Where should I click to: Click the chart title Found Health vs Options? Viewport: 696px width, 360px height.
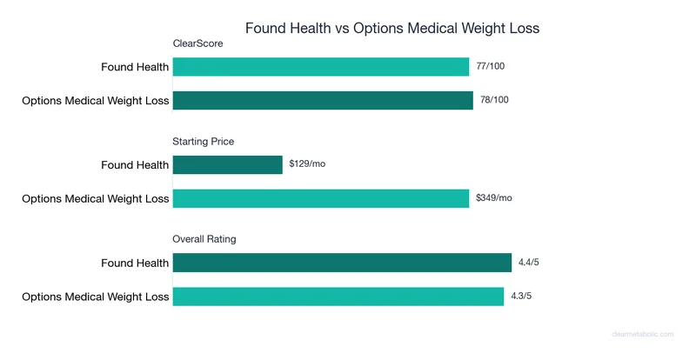pos(391,28)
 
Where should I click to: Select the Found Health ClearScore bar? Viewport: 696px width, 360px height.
pos(321,67)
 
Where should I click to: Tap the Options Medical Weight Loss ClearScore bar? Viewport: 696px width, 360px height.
pos(323,101)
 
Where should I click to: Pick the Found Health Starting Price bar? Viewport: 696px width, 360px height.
pos(228,164)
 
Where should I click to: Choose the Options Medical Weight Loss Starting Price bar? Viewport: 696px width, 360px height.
pos(321,198)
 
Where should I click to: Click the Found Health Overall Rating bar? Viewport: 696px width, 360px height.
pos(342,263)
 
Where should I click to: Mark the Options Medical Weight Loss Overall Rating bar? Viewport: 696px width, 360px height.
pos(338,297)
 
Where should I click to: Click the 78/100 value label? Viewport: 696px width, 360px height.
pos(494,101)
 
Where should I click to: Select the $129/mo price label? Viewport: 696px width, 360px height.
pos(307,164)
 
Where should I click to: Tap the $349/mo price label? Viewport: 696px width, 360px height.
pos(494,198)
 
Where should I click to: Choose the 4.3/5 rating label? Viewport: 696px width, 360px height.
pos(522,297)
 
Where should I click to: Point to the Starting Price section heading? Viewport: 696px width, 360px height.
pos(204,141)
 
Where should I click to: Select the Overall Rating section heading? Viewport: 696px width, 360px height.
pos(205,238)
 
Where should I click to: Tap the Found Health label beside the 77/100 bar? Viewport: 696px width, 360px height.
pos(135,67)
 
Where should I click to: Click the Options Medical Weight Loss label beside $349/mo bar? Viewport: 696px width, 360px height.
pos(96,198)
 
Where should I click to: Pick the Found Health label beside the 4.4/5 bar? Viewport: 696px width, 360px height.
pos(135,263)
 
